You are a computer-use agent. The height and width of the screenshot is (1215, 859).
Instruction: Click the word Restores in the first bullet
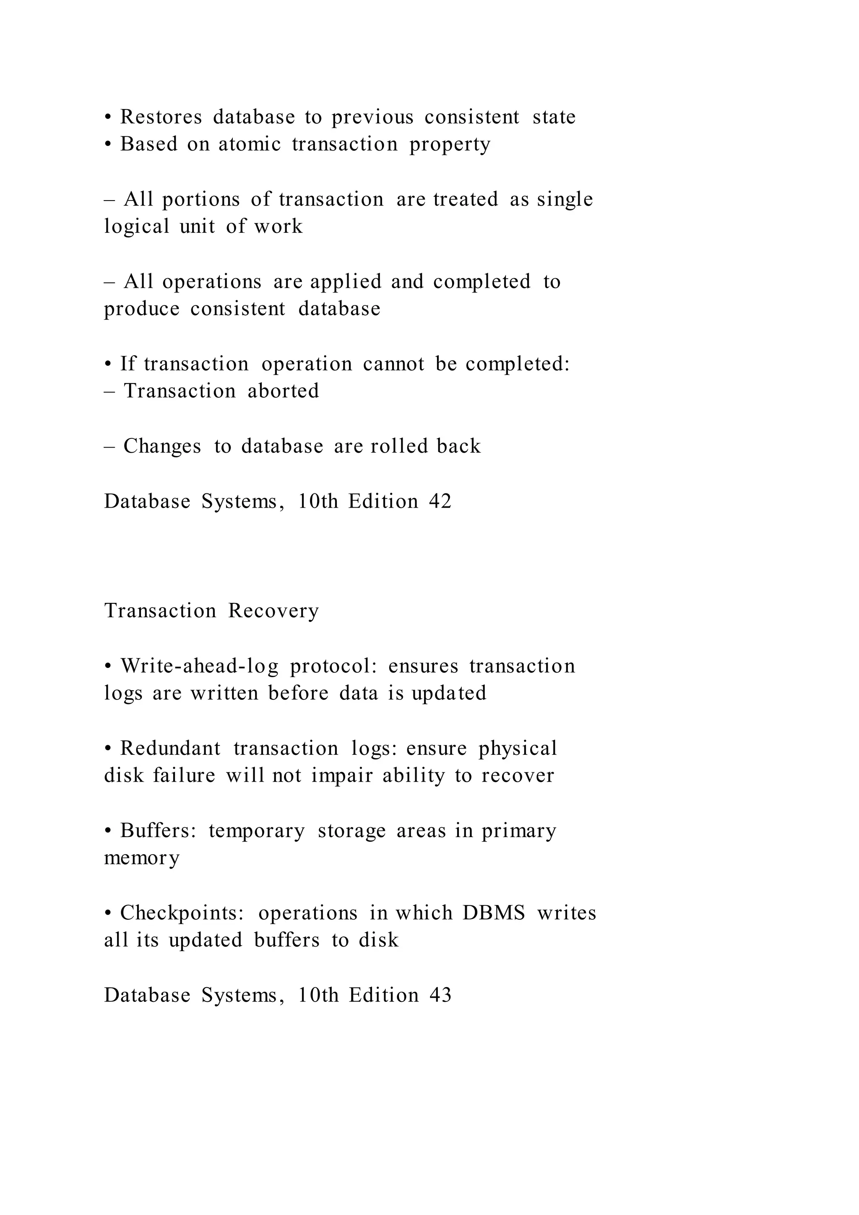pos(161,117)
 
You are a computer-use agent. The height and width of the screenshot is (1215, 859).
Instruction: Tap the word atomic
pos(250,144)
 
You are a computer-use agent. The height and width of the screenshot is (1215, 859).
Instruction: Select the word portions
pos(201,200)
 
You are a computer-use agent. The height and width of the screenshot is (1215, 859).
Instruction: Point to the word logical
pos(136,227)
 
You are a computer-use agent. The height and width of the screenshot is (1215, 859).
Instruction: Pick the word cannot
pos(393,364)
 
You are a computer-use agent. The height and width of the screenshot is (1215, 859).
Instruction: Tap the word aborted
pos(284,391)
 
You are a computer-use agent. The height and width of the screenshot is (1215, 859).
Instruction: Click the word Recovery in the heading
pos(273,611)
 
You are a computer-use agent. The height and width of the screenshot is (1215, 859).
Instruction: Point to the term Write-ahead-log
pos(199,666)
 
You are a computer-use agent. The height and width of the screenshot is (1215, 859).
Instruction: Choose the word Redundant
pos(170,749)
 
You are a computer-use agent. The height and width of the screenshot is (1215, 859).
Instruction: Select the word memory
pos(142,858)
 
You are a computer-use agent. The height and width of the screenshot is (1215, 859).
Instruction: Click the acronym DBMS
pos(494,913)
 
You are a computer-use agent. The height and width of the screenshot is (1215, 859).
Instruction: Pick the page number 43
pos(440,996)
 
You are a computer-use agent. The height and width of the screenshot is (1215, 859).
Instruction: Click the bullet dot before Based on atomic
pos(108,144)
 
